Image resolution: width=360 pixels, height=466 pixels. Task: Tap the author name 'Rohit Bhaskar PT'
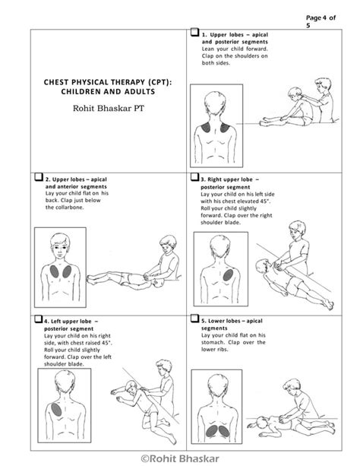pos(106,109)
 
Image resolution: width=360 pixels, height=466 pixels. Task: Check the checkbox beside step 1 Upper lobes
pos(194,33)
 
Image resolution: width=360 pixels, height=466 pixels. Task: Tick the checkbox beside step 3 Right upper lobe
pos(194,179)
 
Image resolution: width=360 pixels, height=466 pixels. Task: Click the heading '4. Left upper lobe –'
pos(75,322)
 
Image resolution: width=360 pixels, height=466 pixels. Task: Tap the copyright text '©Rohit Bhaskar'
pos(180,458)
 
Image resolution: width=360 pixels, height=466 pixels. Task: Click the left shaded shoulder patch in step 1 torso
pos(207,132)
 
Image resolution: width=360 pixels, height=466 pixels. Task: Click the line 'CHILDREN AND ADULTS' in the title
pos(106,92)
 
